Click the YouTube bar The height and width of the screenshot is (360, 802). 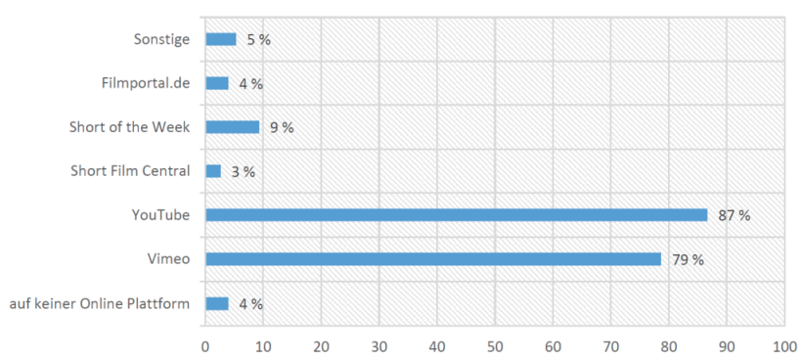tap(456, 215)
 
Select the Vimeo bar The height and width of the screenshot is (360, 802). tap(433, 259)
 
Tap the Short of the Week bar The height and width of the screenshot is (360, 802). tap(232, 127)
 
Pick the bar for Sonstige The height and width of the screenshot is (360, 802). tap(221, 39)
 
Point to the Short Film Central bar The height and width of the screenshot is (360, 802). tap(213, 171)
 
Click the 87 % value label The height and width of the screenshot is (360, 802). tap(734, 216)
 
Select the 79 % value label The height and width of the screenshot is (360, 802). tap(688, 260)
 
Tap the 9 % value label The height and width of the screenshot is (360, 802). tap(282, 128)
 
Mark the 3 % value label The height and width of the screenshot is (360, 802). tap(243, 172)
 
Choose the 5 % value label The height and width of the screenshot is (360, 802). tap(259, 40)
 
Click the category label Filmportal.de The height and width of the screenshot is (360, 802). tap(146, 83)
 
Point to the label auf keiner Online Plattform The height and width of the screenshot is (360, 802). tap(100, 303)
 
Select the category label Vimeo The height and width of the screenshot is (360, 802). tap(173, 259)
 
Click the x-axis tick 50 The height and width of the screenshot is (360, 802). tap(495, 346)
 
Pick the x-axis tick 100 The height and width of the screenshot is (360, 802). tap(784, 346)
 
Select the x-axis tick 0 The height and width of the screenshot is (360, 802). tap(205, 346)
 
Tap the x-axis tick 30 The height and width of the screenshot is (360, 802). tap(379, 346)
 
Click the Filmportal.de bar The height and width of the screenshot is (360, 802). tap(217, 83)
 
